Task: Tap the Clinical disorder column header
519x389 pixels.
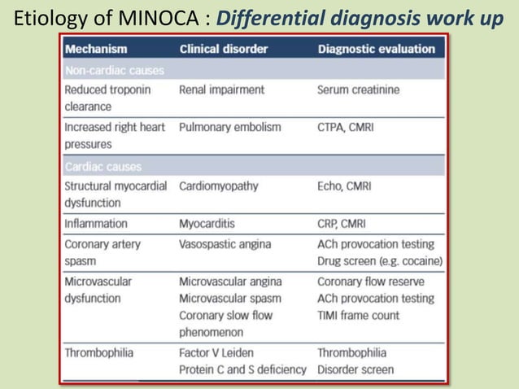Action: [223, 49]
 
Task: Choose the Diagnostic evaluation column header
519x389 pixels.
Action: [376, 49]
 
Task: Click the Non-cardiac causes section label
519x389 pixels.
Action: [114, 70]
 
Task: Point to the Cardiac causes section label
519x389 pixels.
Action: [102, 167]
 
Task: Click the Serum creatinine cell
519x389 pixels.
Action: [358, 90]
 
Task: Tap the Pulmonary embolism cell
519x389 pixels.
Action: [229, 127]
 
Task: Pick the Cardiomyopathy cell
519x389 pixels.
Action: [218, 186]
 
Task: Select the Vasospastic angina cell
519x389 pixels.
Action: [225, 244]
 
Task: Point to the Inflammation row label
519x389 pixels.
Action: [96, 223]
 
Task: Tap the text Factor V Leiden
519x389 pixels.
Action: [216, 352]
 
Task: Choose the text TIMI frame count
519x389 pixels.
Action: [359, 315]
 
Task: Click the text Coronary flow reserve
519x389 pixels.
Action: [370, 282]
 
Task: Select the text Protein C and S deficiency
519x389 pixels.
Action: [242, 369]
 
